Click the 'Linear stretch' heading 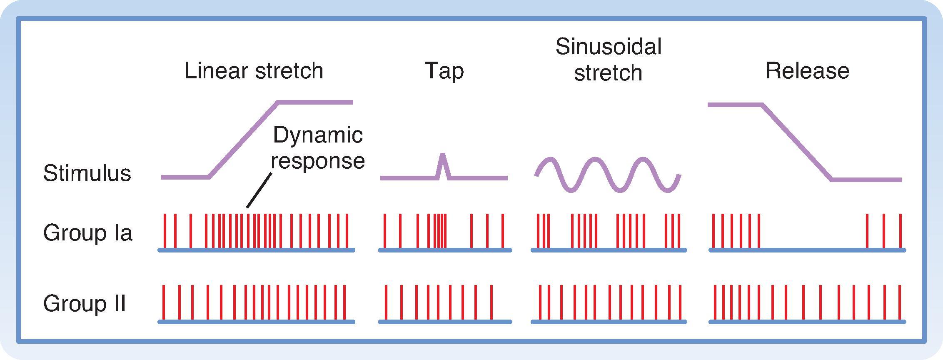point(254,71)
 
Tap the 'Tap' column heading point(444,71)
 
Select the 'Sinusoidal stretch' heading point(608,60)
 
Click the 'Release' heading point(807,71)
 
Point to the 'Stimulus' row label point(87,173)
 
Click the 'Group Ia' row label point(87,232)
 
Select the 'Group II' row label point(84,303)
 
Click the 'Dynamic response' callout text point(318,148)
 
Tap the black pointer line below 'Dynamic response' point(259,191)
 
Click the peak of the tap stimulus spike point(443,155)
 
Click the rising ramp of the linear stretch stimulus point(244,140)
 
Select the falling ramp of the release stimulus point(797,142)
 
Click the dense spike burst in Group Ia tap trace point(440,231)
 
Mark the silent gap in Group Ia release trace point(812,233)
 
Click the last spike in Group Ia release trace point(900,231)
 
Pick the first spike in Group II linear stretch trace point(164,303)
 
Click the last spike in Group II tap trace point(491,303)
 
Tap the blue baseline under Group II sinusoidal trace point(608,322)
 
